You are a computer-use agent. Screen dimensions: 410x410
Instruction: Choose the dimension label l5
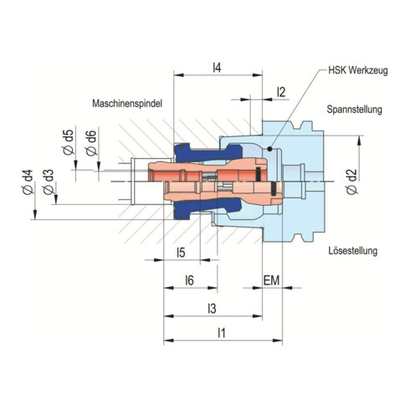(180, 252)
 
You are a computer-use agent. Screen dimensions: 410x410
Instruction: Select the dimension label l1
(222, 333)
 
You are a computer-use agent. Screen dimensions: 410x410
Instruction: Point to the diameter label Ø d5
(69, 143)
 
